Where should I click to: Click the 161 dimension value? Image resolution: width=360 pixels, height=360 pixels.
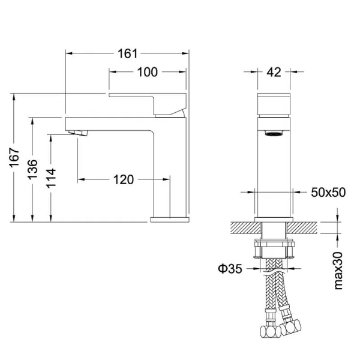(x=127, y=54)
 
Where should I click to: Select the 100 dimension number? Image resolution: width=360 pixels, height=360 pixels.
(x=148, y=72)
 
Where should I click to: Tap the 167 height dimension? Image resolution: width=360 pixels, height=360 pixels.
(x=14, y=157)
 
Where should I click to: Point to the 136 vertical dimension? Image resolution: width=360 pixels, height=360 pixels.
(x=32, y=169)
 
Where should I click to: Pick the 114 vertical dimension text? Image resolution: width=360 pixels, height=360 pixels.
(x=51, y=178)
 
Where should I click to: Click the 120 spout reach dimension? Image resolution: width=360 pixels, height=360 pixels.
(x=123, y=179)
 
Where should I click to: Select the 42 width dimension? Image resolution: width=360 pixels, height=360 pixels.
(x=274, y=73)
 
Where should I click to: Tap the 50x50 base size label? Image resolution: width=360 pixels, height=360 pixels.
(x=328, y=193)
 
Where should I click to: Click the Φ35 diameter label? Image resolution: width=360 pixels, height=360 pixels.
(x=230, y=268)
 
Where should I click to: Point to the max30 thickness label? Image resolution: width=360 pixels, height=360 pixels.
(x=338, y=271)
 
